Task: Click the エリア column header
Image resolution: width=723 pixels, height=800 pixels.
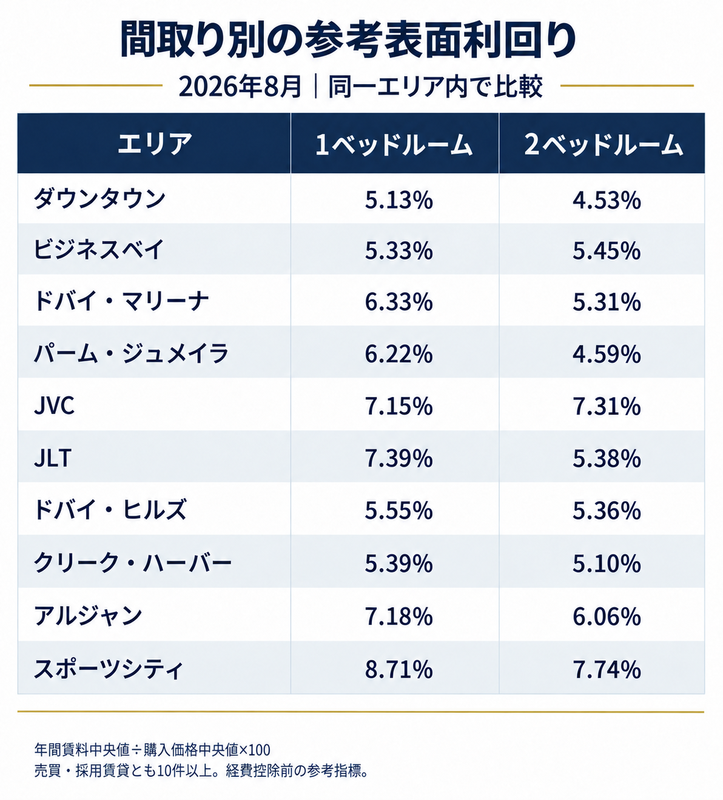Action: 155,144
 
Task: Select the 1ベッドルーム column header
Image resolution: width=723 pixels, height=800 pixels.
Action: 394,144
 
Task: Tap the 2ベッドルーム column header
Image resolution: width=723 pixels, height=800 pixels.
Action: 603,144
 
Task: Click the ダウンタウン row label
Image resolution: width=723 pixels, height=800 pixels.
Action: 99,198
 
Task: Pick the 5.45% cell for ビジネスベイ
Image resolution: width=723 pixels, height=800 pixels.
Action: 607,251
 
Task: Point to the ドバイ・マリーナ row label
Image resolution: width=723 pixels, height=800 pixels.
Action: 121,301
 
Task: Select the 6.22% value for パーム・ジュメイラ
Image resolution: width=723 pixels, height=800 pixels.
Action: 398,354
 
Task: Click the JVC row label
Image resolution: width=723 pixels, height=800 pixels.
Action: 55,405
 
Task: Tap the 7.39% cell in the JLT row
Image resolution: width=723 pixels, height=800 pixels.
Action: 398,458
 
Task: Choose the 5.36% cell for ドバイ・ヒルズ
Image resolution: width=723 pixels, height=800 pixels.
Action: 607,510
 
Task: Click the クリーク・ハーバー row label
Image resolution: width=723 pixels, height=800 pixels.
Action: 133,562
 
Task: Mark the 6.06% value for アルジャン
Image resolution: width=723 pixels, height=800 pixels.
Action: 607,616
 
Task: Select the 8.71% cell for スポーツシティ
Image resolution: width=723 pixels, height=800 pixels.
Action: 398,669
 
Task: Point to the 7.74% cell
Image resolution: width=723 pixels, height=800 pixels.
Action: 607,669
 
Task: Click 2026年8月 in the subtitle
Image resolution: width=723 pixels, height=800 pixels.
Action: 240,87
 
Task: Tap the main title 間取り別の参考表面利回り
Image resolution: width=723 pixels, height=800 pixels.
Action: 348,39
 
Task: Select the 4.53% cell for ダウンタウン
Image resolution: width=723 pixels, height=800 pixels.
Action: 607,199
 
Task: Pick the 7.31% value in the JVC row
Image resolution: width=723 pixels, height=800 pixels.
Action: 607,407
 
